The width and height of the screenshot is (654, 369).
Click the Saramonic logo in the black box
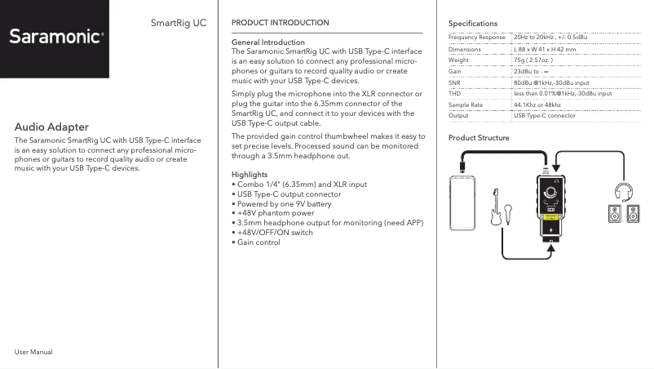56,37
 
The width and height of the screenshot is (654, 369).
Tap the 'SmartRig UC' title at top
179,22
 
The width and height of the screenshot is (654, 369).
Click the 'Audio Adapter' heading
51,127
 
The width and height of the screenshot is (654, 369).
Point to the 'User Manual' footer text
33,351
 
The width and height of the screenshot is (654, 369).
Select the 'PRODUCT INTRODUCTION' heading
281,23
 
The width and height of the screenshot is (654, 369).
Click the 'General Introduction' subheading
268,42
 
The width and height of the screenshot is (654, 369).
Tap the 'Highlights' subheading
250,175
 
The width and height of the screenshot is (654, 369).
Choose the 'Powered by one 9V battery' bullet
285,203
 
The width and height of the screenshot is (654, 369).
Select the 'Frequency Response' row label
477,38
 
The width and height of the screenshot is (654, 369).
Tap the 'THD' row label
455,94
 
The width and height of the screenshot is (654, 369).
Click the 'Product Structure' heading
479,138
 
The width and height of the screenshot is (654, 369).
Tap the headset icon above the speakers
624,192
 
